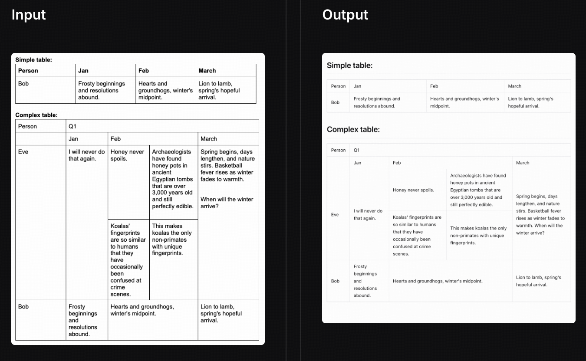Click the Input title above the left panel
pyautogui.click(x=29, y=15)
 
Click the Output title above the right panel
pyautogui.click(x=345, y=15)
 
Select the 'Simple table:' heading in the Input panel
pyautogui.click(x=34, y=60)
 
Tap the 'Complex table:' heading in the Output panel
pyautogui.click(x=353, y=129)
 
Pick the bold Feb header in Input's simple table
pyautogui.click(x=144, y=71)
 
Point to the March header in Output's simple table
pyautogui.click(x=514, y=86)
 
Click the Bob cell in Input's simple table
pyautogui.click(x=23, y=84)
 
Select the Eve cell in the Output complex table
pyautogui.click(x=335, y=214)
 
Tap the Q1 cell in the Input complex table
pyautogui.click(x=72, y=126)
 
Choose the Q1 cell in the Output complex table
pyautogui.click(x=356, y=150)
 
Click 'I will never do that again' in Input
pyautogui.click(x=86, y=155)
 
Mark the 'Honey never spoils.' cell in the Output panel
pyautogui.click(x=413, y=190)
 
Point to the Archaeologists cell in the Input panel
pyautogui.click(x=172, y=179)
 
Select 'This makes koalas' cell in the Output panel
pyautogui.click(x=478, y=235)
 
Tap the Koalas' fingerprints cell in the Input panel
pyautogui.click(x=128, y=260)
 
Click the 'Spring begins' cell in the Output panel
pyautogui.click(x=540, y=214)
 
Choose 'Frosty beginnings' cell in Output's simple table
pyautogui.click(x=377, y=102)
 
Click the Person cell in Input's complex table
pyautogui.click(x=27, y=126)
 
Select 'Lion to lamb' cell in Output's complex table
pyautogui.click(x=539, y=281)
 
